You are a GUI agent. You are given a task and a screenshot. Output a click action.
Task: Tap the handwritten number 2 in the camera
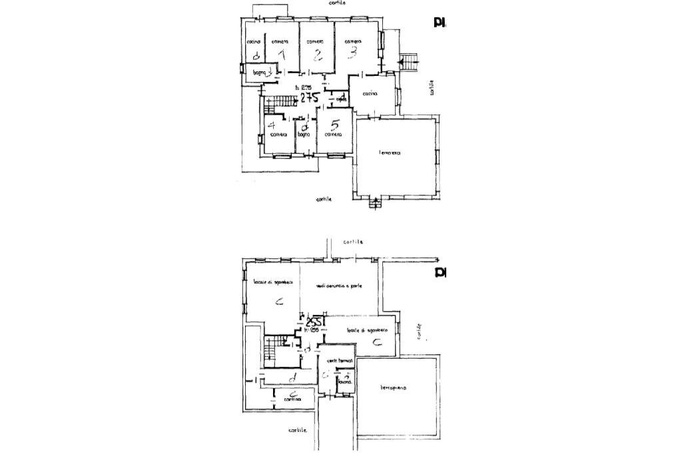(x=318, y=55)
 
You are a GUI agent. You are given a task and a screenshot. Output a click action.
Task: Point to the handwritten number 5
(x=335, y=124)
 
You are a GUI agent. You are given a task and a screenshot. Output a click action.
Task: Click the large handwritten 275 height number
(x=309, y=98)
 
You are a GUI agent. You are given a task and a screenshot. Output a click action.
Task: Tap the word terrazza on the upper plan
(x=390, y=153)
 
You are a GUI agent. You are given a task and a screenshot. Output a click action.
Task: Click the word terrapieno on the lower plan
(x=394, y=387)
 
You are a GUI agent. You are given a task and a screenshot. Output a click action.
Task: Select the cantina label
(x=292, y=399)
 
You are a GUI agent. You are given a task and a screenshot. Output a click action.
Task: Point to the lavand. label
(x=344, y=382)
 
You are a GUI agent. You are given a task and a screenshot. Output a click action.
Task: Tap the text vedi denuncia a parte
(x=340, y=286)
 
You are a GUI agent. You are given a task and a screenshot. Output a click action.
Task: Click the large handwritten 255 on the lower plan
(x=314, y=323)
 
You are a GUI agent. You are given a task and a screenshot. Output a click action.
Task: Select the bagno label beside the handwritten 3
(x=258, y=71)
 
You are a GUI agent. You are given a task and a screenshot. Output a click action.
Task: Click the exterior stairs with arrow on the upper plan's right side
(x=410, y=61)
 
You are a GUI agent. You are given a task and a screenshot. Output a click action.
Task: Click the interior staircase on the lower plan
(x=270, y=351)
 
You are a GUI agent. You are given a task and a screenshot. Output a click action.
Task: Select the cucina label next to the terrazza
(x=370, y=94)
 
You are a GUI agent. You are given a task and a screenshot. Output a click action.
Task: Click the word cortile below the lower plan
(x=298, y=431)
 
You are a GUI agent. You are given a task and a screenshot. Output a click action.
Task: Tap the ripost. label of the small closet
(x=342, y=100)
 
